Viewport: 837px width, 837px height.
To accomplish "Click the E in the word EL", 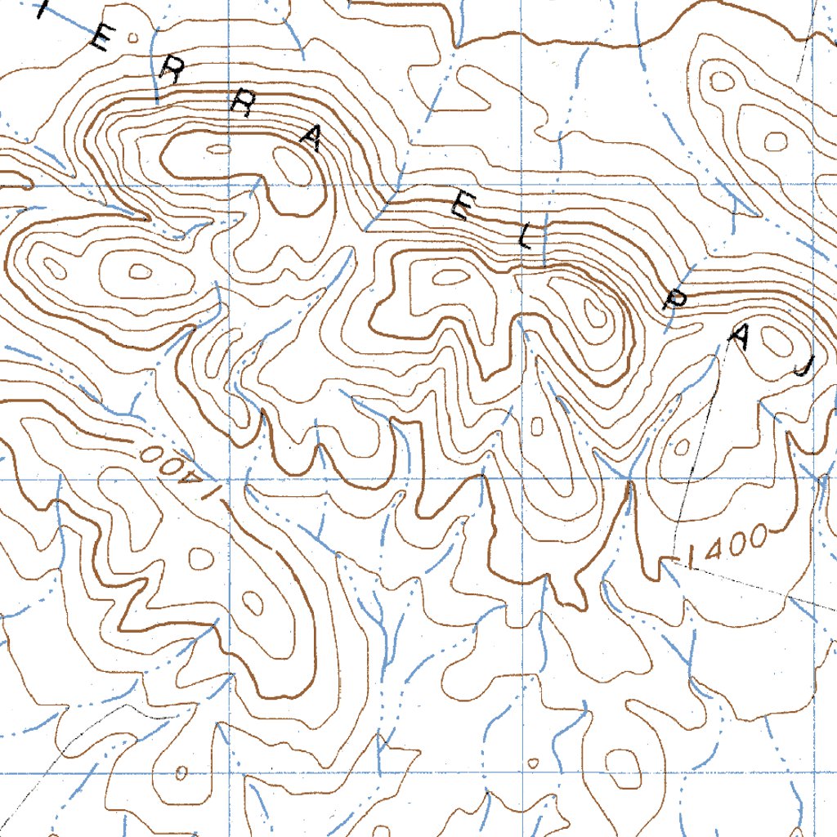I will (459, 209).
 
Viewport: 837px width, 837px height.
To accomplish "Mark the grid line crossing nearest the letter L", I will (522, 186).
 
